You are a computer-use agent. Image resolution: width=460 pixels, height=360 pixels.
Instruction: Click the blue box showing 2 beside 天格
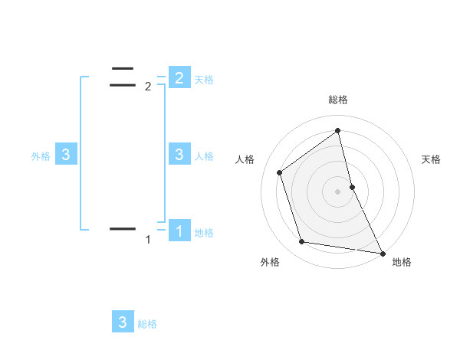[179, 77]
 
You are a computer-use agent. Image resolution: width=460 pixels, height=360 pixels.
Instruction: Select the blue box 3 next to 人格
[179, 155]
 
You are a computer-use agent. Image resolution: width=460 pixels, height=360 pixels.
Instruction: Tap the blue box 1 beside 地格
[179, 230]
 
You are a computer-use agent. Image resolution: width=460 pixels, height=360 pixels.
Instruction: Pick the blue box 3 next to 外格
[66, 155]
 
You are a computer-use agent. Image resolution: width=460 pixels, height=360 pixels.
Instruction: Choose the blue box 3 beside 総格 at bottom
[123, 322]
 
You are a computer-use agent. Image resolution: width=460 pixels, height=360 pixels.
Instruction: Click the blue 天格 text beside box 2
[204, 79]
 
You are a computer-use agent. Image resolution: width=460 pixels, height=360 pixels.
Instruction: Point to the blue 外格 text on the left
[41, 155]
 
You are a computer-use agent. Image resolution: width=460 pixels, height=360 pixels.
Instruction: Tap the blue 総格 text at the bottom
[147, 324]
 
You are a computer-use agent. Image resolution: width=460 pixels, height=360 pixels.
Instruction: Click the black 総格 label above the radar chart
[337, 100]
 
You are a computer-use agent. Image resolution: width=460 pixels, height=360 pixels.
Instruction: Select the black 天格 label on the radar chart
[431, 159]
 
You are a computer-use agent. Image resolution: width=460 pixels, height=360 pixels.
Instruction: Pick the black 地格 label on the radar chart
[402, 262]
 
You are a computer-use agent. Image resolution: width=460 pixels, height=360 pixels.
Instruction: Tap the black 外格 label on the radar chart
[270, 262]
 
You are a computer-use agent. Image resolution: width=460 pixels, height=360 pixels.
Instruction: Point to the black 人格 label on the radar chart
[245, 159]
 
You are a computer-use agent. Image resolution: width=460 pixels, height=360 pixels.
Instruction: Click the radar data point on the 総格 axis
[337, 130]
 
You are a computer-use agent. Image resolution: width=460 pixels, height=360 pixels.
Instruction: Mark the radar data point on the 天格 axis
[352, 187]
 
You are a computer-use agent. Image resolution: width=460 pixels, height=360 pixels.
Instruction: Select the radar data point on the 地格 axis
[382, 253]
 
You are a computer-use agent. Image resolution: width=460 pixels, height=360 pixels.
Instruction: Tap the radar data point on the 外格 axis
[302, 242]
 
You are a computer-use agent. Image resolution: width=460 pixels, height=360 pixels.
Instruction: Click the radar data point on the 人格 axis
[279, 172]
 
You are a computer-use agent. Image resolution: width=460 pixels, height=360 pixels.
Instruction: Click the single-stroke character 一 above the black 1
[123, 228]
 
